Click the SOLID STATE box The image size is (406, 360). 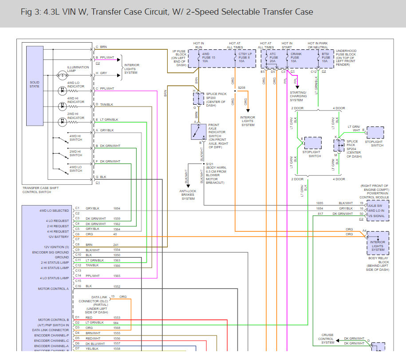(35, 84)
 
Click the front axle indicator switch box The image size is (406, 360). (198, 132)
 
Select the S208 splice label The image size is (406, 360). (241, 88)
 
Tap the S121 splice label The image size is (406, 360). (209, 164)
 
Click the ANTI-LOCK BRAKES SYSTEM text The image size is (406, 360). (188, 195)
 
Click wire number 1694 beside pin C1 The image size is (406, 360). (117, 208)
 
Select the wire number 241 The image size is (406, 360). (116, 245)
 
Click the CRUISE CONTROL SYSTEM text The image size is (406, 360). (327, 339)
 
